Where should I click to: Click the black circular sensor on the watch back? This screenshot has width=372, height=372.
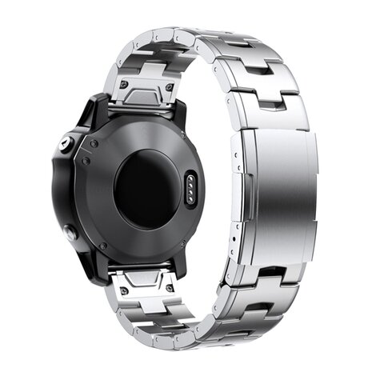146,190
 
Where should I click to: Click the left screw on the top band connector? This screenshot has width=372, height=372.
124,83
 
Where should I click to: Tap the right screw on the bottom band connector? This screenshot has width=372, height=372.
170,287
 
